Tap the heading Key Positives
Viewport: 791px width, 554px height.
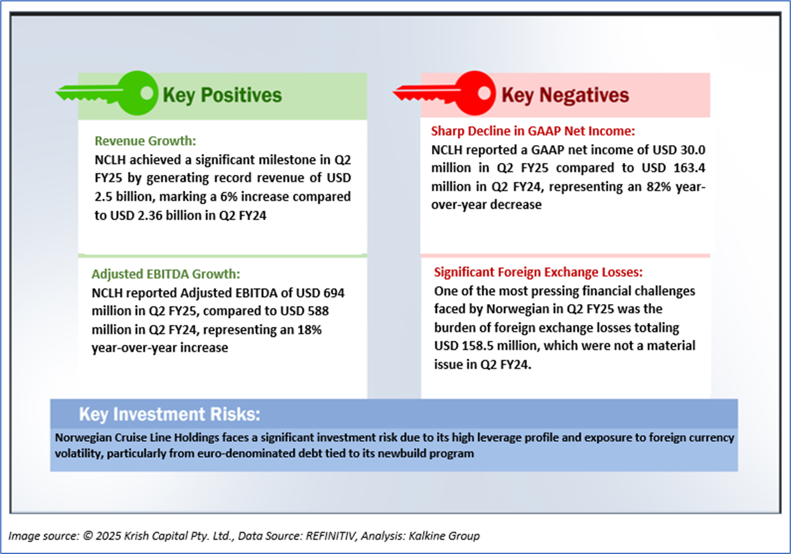click(222, 95)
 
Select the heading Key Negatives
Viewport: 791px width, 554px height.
click(565, 95)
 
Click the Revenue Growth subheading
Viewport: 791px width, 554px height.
click(145, 141)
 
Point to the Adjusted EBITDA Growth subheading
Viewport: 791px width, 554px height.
click(166, 274)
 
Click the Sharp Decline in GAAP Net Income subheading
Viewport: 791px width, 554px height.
click(533, 131)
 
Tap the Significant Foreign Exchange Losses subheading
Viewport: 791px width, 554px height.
click(538, 272)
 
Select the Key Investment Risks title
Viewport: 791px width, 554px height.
click(170, 414)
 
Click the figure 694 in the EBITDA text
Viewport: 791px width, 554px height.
click(334, 293)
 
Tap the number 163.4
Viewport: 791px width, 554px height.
click(689, 167)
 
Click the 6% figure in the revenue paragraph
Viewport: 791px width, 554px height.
click(229, 196)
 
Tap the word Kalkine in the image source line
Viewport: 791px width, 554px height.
click(426, 536)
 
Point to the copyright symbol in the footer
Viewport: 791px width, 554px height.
click(88, 536)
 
